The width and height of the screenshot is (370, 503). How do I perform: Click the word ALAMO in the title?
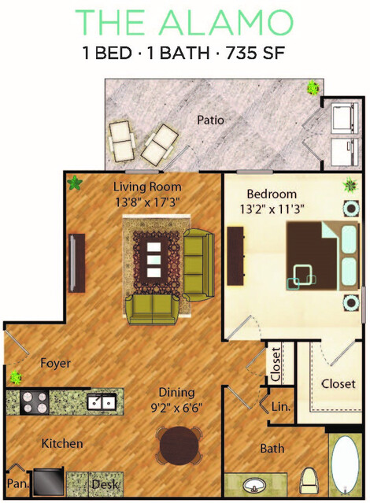226,22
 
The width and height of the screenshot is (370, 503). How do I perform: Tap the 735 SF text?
255,53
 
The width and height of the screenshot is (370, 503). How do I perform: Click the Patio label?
210,120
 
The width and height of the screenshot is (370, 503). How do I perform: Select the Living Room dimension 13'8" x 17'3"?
147,202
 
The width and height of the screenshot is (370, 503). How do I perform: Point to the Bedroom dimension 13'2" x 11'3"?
272,209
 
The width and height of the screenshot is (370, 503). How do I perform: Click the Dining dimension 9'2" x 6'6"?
176,408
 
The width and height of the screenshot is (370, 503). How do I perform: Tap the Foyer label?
55,363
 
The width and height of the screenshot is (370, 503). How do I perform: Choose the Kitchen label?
62,444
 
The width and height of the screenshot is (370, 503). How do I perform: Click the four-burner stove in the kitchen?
34,402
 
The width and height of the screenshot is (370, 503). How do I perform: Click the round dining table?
179,446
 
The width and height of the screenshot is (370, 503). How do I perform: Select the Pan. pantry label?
18,483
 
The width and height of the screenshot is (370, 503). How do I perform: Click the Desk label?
105,484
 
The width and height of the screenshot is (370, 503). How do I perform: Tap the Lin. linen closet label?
281,407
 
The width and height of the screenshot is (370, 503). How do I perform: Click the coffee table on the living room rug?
154,260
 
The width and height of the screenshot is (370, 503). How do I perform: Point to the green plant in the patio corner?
313,87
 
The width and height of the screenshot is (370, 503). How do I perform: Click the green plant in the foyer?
15,377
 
